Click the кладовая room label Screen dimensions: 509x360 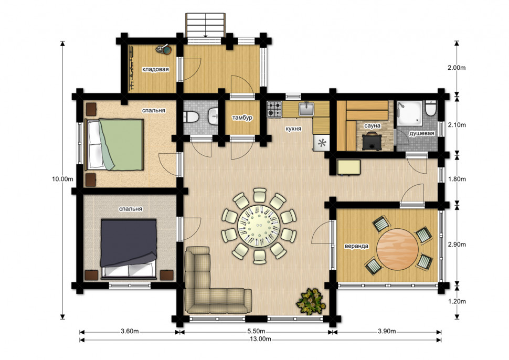tap(155, 69)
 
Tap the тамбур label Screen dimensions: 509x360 tap(242, 118)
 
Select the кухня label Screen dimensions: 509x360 tap(293, 129)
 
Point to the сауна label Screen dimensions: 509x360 tap(373, 125)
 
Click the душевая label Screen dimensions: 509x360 tap(422, 133)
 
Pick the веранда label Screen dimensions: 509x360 tap(356, 246)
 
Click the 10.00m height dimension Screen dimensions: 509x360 tap(62, 179)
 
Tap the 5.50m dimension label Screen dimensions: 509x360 tap(256, 332)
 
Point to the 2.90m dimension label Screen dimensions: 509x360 tap(457, 245)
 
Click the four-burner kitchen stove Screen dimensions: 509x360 tap(274, 109)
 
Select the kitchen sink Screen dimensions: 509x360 tap(306, 109)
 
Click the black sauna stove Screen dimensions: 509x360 tap(372, 141)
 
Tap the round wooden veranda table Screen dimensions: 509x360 tap(398, 249)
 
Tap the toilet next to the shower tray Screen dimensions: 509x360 tap(431, 108)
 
